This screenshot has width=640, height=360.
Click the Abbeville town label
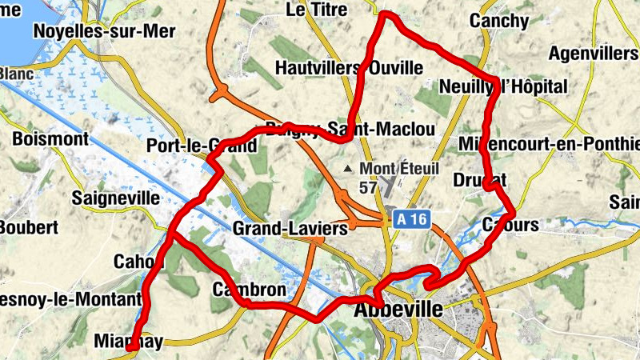[x=398, y=310]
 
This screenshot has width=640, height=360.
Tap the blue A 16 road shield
[x=411, y=218]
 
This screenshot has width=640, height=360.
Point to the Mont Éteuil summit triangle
[x=347, y=169]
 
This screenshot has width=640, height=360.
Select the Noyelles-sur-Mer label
[x=104, y=31]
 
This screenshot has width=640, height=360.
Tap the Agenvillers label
[x=594, y=54]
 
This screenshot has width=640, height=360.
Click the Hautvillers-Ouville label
[x=348, y=68]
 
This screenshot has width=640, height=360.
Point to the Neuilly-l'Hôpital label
[x=503, y=86]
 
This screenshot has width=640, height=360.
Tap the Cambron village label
[x=249, y=289]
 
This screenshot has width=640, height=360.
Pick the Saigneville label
[x=110, y=197]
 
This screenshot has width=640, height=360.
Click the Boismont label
[x=50, y=138]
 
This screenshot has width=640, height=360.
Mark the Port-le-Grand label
[x=202, y=146]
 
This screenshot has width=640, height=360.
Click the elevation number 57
[x=368, y=188]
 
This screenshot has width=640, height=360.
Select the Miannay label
[x=128, y=342]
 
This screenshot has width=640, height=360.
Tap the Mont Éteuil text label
[x=402, y=169]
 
